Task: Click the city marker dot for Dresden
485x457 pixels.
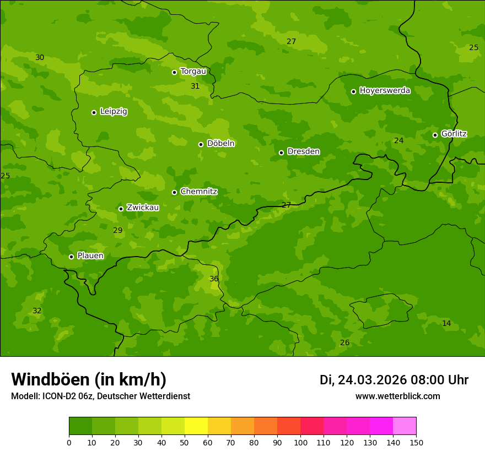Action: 281,153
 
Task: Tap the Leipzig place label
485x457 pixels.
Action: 114,112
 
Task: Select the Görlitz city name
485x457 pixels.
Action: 454,134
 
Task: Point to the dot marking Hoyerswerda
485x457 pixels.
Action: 353,91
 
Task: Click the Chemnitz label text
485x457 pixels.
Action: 198,192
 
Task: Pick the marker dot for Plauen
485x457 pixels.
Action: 71,257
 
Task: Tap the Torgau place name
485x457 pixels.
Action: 193,72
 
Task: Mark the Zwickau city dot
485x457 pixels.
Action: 121,209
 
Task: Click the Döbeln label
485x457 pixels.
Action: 220,144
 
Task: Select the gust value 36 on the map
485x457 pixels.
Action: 214,279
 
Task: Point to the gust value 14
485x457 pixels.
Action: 446,324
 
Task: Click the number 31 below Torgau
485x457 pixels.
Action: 195,86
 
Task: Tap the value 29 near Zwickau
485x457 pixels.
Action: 117,231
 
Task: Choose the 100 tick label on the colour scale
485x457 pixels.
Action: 300,442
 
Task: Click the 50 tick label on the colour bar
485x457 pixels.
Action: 185,442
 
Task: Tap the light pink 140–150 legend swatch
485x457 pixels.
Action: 405,426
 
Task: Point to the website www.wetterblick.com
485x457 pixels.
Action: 397,396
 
